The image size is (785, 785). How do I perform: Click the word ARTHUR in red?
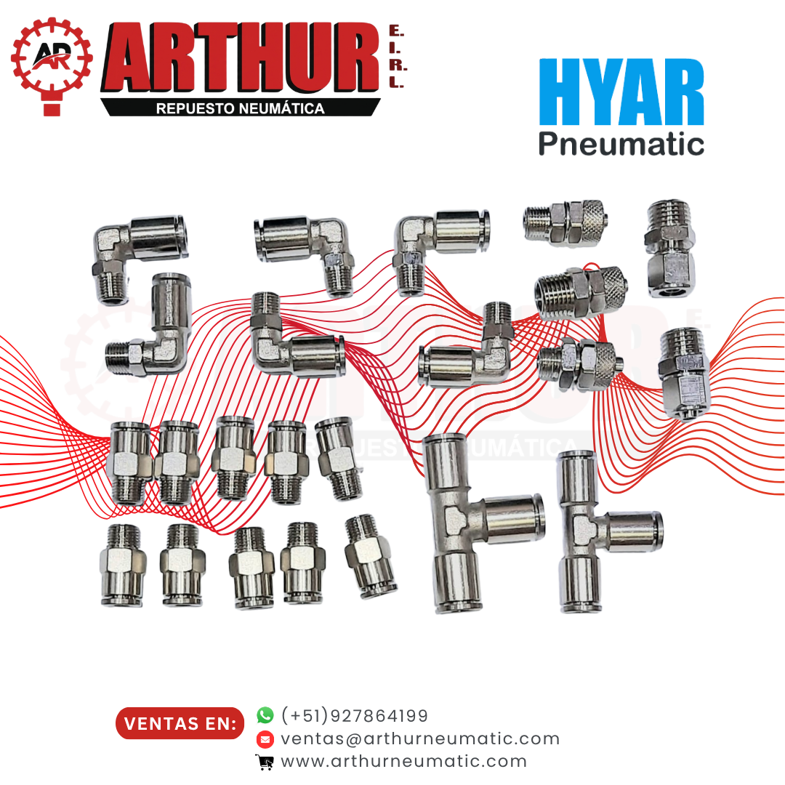point(241,57)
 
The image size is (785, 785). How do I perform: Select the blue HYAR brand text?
point(621,92)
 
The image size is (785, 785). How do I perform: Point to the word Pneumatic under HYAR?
point(621,144)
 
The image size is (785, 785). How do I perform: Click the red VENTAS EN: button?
point(180,723)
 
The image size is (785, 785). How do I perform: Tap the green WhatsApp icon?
point(265,715)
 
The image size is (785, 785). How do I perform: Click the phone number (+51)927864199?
point(355,715)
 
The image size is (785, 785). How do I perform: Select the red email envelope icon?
point(265,739)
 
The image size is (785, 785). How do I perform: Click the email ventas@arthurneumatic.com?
point(420,738)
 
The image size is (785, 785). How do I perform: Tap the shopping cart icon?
point(265,762)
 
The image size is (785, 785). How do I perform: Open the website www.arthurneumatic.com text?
point(404,761)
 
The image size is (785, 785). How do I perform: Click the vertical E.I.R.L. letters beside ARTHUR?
point(398,57)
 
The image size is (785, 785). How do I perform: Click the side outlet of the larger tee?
point(513,519)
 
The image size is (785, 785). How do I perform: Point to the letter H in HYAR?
point(558,92)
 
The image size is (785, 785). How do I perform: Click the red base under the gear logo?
point(52,108)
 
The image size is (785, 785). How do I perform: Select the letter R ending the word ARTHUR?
point(356,57)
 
